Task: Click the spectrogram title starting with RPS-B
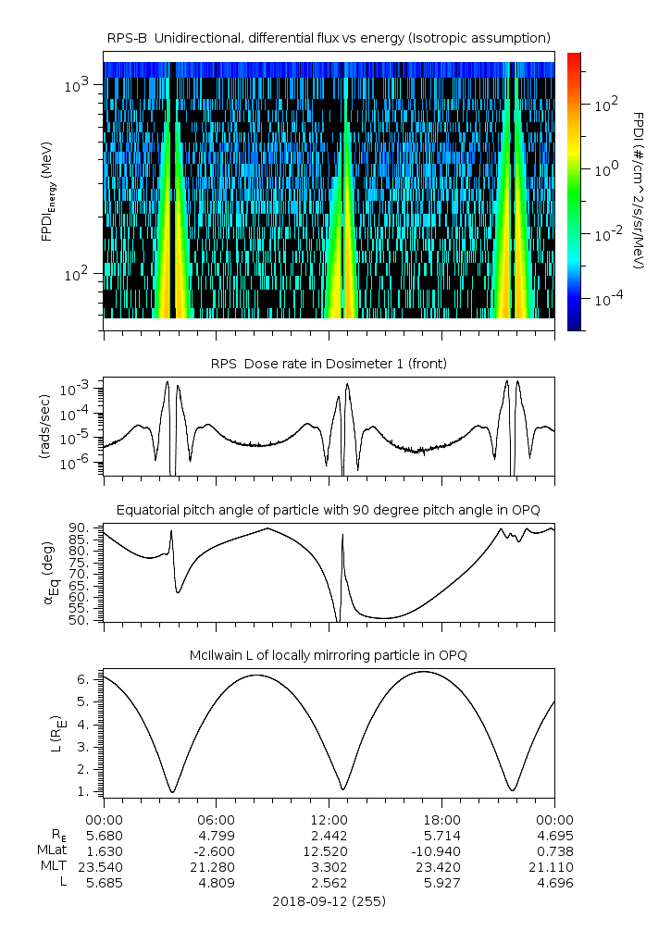pos(329,37)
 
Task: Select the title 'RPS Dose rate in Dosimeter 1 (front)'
pos(329,364)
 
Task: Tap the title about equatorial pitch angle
pos(329,510)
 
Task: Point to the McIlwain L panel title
pos(329,655)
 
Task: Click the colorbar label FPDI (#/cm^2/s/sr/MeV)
pos(639,191)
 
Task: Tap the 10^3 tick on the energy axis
pos(76,86)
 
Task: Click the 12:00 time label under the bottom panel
pos(329,820)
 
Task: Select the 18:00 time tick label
pos(441,820)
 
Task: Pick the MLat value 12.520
pos(329,851)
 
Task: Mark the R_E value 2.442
pos(329,836)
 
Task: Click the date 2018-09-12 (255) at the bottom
pos(329,900)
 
